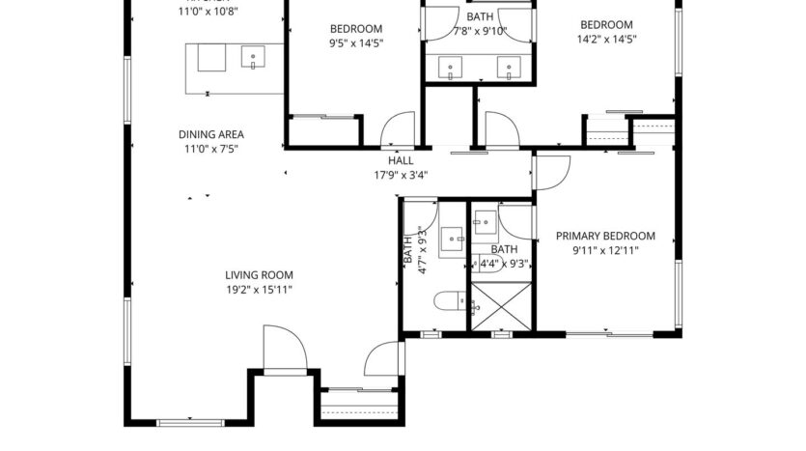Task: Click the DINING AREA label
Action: click(x=210, y=134)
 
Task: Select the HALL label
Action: click(x=401, y=160)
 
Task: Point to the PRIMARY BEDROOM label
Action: click(x=605, y=236)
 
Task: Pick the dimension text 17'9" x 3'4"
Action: click(x=401, y=175)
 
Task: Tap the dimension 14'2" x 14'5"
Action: click(x=605, y=40)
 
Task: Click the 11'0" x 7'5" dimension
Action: click(x=210, y=149)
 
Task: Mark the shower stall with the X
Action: click(x=501, y=306)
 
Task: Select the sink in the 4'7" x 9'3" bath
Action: click(x=452, y=238)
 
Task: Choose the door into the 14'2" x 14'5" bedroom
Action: click(x=501, y=131)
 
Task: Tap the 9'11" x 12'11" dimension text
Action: click(x=605, y=250)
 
